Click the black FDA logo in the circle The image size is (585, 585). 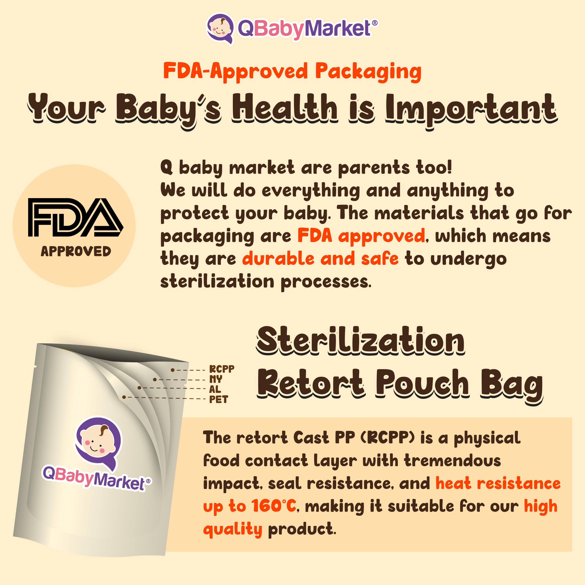click(x=75, y=217)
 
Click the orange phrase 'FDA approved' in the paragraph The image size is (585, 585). click(x=361, y=236)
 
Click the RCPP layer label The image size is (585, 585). click(x=222, y=369)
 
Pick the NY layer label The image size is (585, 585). click(x=216, y=379)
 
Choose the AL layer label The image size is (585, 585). click(x=215, y=389)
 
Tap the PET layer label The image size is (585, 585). click(x=219, y=399)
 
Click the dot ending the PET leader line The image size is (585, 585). click(x=124, y=397)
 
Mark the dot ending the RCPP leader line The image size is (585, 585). click(x=173, y=370)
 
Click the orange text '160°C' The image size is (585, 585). click(x=274, y=506)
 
